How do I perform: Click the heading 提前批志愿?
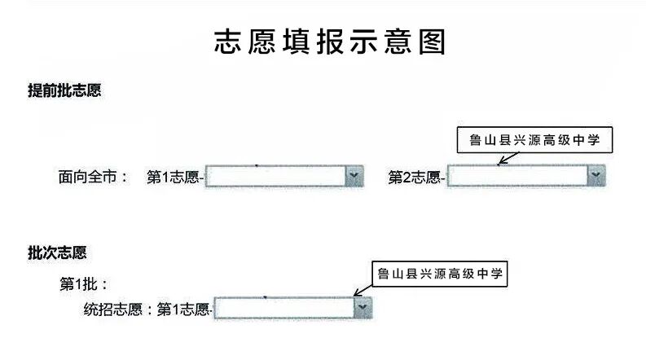[64, 90]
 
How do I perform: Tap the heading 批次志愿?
[57, 252]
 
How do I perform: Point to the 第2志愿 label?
[414, 176]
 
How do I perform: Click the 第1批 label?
[84, 284]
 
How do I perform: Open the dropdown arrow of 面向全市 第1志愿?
[353, 176]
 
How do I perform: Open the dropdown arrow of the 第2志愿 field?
[596, 175]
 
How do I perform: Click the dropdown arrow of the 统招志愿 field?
[363, 307]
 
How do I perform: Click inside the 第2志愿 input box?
[516, 175]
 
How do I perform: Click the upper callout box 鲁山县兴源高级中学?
[534, 141]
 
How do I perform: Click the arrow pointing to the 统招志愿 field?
[363, 289]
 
